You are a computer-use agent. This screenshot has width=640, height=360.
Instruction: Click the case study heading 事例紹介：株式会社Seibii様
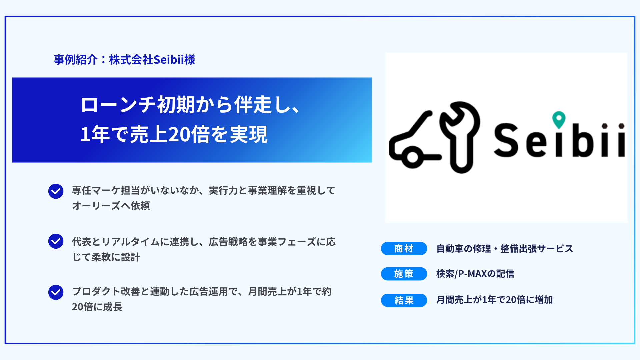coord(124,60)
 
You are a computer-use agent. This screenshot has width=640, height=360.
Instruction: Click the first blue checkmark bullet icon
coord(56,191)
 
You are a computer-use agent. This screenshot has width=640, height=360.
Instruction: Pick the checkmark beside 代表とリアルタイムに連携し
coord(56,241)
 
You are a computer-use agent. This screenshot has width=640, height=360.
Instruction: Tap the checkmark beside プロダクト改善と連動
coord(56,292)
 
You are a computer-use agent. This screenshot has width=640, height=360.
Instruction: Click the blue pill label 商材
coord(404,249)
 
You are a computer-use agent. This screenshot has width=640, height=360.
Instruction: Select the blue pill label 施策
coord(404,274)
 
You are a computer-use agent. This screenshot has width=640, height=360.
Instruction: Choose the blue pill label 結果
coord(404,300)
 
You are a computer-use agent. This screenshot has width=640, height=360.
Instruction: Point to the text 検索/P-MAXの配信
coord(475,274)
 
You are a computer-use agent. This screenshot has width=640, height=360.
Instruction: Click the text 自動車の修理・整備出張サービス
coord(505,249)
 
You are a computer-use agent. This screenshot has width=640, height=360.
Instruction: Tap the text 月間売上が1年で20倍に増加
coord(495,300)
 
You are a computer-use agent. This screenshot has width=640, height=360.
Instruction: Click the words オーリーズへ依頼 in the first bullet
coord(111,206)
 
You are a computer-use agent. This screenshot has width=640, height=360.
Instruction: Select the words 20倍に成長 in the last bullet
coord(97,307)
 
